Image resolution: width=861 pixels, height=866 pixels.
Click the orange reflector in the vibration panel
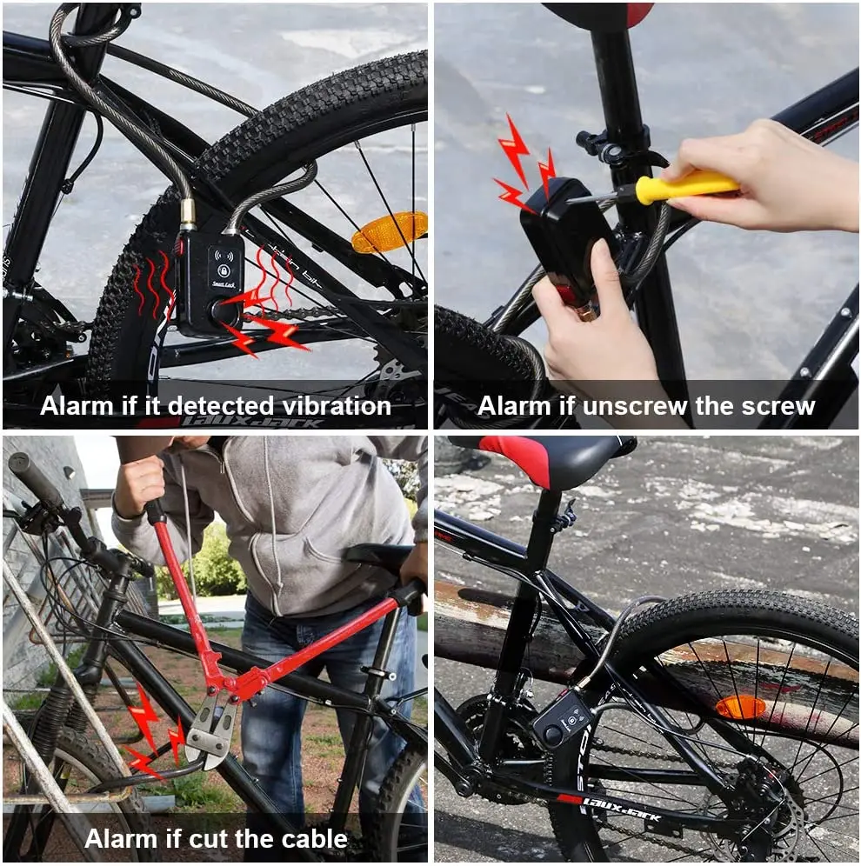tap(390, 232)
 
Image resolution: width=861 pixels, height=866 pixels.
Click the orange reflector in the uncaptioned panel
tap(740, 707)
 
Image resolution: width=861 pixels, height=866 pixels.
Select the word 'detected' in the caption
tap(222, 405)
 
